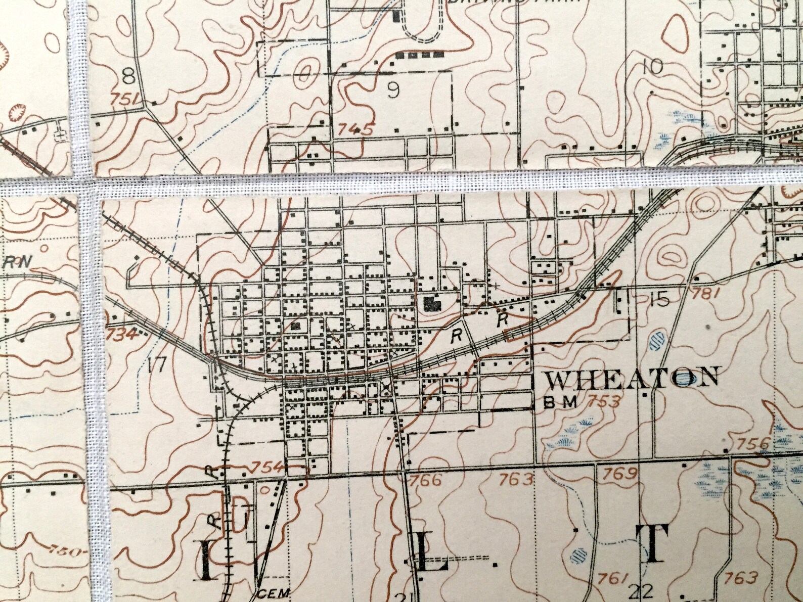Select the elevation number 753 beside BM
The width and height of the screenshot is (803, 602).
tap(603, 402)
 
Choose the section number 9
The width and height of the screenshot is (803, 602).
tap(393, 90)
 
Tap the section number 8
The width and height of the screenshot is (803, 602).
tap(129, 77)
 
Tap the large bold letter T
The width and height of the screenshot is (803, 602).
tap(656, 545)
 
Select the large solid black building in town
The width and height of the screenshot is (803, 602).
tap(431, 303)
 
